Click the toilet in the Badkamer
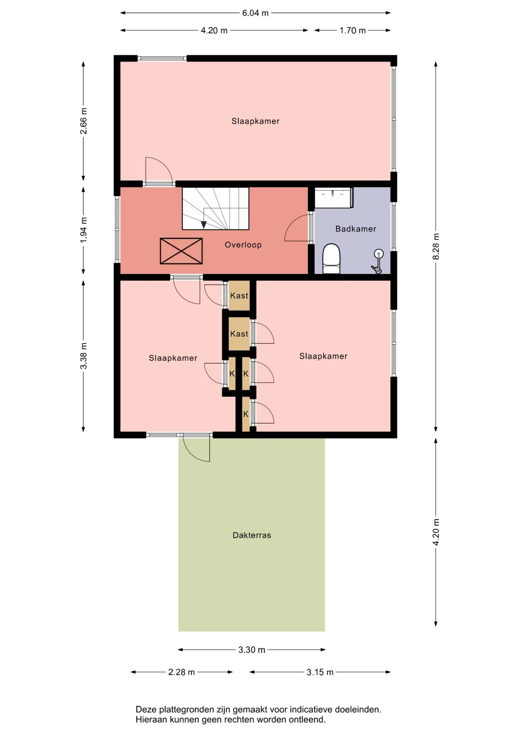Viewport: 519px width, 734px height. (331, 259)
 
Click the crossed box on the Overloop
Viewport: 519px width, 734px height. (181, 251)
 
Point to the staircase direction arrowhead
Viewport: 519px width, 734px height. (204, 225)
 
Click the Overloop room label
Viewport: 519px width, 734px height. (243, 245)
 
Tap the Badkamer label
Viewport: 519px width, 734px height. (356, 229)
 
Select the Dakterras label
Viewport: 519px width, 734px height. (252, 535)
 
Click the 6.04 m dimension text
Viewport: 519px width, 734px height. (255, 13)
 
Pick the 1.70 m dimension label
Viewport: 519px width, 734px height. (353, 30)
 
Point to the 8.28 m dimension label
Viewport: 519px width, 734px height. (436, 246)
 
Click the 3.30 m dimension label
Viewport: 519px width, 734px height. (252, 650)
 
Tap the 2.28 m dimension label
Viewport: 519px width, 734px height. (182, 672)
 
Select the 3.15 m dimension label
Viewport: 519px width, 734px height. (320, 672)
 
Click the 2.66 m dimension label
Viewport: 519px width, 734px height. (83, 121)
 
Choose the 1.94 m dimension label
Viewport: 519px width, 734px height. (83, 230)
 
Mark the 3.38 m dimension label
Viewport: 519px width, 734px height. (83, 356)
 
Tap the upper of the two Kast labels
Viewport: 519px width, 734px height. (239, 296)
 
